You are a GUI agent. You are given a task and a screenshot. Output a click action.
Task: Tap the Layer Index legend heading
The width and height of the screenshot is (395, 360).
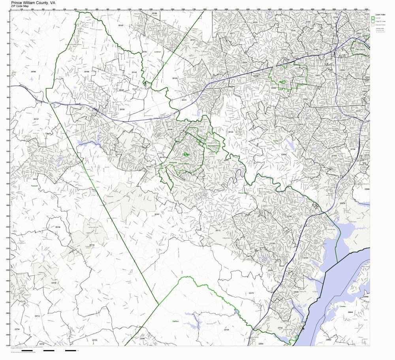tap(380, 15)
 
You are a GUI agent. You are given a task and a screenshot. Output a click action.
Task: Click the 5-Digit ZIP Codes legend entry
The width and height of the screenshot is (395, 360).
tap(381, 21)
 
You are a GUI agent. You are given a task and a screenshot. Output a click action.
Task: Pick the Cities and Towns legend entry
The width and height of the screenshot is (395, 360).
tap(381, 25)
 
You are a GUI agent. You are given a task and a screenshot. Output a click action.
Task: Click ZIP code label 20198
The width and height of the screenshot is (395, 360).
tap(33, 72)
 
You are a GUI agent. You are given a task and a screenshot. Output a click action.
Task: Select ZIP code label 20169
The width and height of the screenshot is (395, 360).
tap(87, 72)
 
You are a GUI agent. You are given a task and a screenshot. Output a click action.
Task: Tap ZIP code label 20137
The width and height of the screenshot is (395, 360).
tap(36, 119)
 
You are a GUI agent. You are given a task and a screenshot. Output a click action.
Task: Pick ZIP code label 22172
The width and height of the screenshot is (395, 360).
tap(251, 293)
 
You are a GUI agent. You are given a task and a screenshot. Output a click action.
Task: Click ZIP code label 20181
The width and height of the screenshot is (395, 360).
tap(157, 214)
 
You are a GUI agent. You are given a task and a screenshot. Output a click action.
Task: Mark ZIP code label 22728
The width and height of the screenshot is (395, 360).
tap(54, 283)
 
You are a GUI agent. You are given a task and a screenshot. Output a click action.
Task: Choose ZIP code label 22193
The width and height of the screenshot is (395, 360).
tap(272, 243)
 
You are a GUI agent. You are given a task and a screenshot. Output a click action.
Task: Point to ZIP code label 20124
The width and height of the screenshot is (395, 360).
tap(231, 132)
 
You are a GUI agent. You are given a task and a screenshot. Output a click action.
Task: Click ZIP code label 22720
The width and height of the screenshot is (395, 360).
tap(94, 340)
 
